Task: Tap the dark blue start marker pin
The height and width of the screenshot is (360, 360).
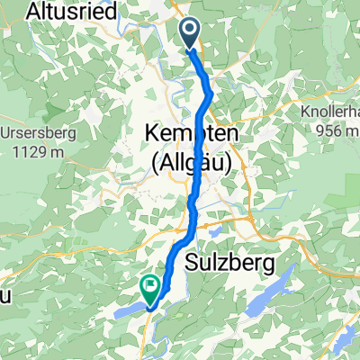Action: click(x=193, y=34)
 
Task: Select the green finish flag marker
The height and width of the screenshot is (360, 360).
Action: click(x=148, y=288)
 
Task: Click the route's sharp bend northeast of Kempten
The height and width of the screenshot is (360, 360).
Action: click(x=210, y=93)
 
